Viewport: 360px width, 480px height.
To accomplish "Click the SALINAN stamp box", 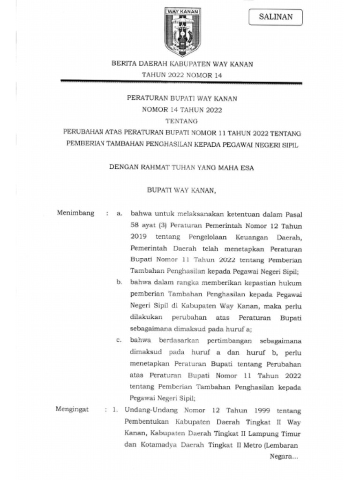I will [276, 17].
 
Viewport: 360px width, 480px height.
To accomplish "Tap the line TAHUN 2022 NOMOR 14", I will [182, 75].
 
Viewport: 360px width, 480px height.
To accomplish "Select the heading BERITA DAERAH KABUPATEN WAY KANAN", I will [182, 64].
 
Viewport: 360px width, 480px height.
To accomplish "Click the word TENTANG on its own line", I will [182, 121].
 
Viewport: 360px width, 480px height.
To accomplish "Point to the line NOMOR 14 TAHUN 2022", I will [182, 110].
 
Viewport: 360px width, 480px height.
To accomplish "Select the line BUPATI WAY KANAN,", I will [182, 190].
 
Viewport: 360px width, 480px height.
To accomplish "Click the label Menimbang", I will [75, 213].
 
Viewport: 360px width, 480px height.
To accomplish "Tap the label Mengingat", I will [73, 409].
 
